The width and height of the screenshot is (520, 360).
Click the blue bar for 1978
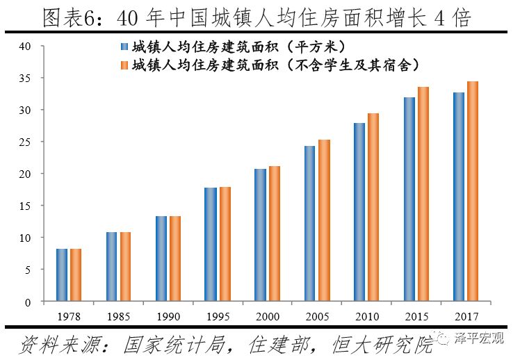(x=62, y=275)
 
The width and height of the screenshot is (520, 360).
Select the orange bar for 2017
(x=473, y=191)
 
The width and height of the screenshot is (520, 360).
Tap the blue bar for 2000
(x=261, y=235)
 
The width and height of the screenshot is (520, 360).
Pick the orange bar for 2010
(x=373, y=207)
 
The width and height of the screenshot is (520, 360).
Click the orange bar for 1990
(x=175, y=259)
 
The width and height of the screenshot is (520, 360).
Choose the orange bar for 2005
(x=324, y=220)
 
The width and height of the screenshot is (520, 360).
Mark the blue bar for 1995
(x=211, y=245)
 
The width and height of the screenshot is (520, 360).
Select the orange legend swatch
(x=124, y=65)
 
